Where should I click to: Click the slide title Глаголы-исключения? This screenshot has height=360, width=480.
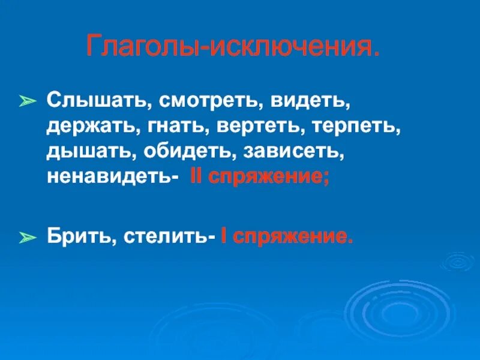[x=233, y=47]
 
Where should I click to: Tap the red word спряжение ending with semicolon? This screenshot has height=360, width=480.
[x=269, y=178]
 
